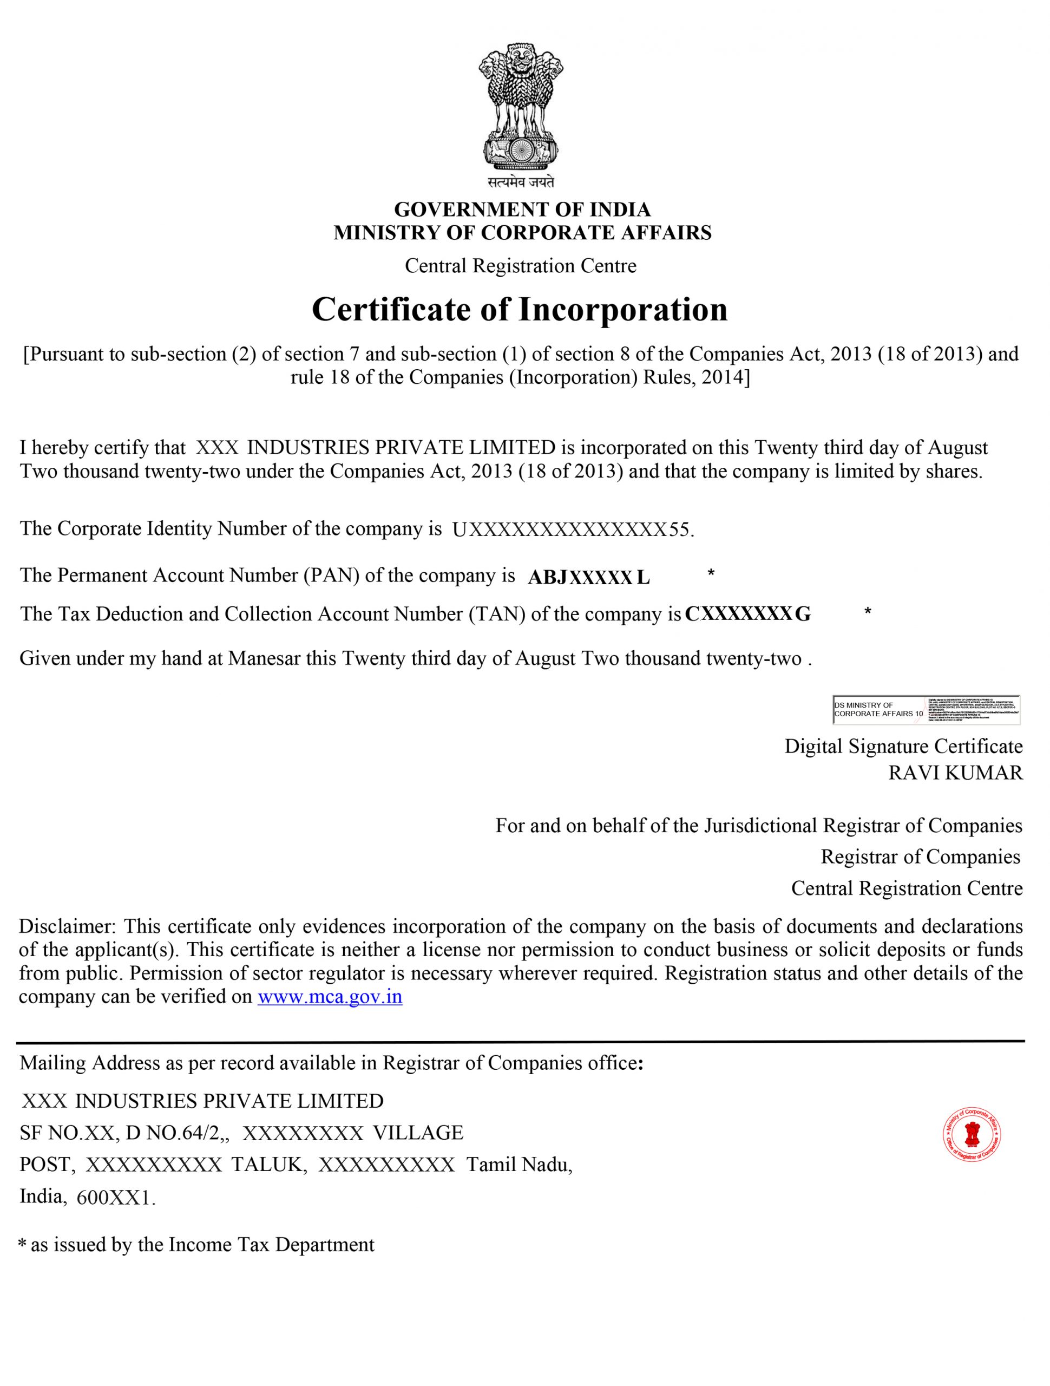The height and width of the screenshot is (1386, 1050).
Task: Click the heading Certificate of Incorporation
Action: [520, 310]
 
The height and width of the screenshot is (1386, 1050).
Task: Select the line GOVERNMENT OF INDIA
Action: [522, 210]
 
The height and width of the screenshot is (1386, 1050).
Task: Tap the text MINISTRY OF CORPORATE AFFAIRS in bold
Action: [522, 233]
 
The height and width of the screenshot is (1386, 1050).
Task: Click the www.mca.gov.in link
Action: [330, 997]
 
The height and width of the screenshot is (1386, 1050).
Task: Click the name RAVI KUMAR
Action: [955, 773]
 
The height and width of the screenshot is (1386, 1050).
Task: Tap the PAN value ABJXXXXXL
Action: [588, 578]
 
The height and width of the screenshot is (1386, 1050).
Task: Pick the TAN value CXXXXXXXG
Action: [747, 614]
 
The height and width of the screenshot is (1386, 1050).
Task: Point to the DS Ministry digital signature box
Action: [926, 710]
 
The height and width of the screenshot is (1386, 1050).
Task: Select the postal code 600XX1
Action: [114, 1199]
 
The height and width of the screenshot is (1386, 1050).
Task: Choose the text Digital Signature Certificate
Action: [903, 746]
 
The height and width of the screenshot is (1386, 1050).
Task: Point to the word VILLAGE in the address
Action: [418, 1133]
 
